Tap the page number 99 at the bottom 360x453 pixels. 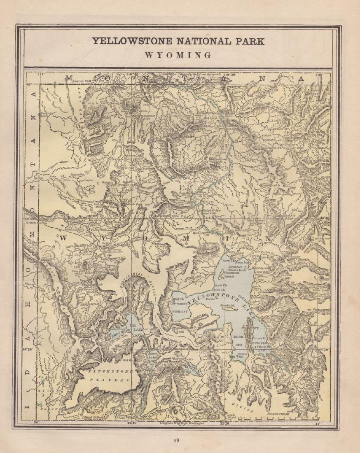tap(176, 440)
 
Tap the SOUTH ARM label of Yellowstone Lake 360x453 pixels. tap(238, 339)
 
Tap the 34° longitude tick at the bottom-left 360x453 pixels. tap(36, 422)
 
